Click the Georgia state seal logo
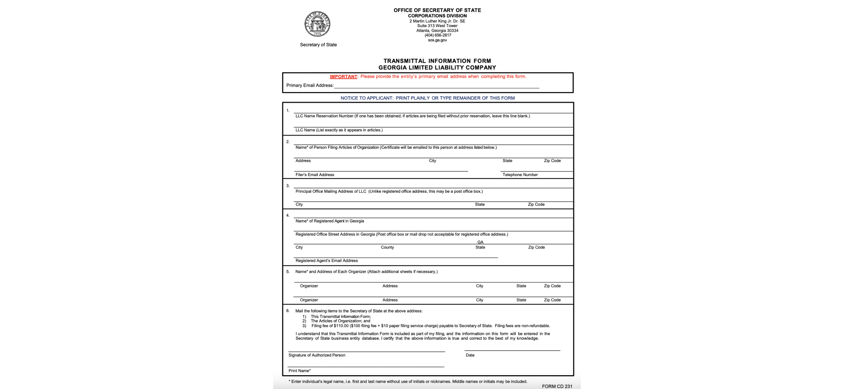[x=317, y=24]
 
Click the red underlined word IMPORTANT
[x=343, y=77]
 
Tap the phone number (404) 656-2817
[x=437, y=35]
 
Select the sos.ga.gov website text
[x=437, y=40]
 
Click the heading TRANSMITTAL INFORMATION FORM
[x=437, y=61]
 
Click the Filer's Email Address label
[x=314, y=175]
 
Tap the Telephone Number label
[x=520, y=175]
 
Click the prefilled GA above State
[x=480, y=242]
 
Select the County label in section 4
[x=387, y=248]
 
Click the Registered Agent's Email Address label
[x=327, y=261]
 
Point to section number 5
[x=288, y=272]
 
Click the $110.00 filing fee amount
[x=341, y=326]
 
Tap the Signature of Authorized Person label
[x=316, y=355]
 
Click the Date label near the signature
[x=470, y=355]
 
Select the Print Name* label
[x=299, y=371]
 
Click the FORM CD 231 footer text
[x=557, y=386]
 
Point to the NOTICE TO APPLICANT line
[x=427, y=98]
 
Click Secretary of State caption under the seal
[x=318, y=45]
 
